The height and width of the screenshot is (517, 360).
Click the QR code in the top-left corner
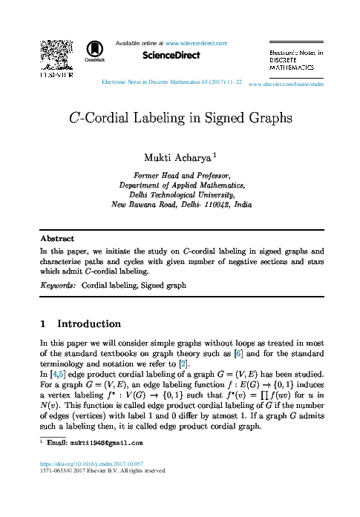tap(54, 53)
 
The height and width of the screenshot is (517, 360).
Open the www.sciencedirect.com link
tap(196, 44)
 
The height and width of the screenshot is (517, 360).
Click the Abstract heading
tap(57, 239)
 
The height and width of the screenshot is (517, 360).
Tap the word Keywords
tap(57, 284)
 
